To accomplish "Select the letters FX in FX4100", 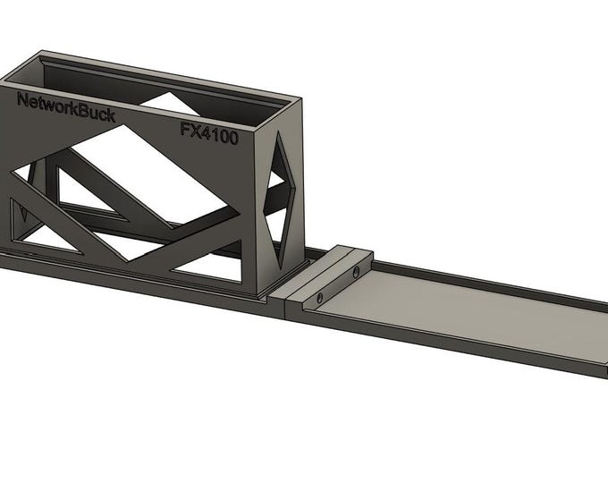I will pyautogui.click(x=189, y=129).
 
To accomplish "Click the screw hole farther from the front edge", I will pyautogui.click(x=356, y=269).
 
